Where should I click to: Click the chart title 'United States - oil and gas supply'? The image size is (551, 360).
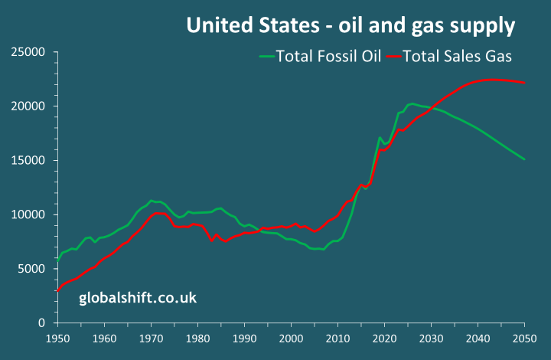pos(350,26)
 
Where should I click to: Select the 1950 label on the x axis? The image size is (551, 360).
pos(57,338)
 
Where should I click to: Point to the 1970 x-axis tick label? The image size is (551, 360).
pos(151,338)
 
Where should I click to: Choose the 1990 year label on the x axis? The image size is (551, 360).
pos(244,338)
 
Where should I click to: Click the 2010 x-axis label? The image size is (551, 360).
pos(337,338)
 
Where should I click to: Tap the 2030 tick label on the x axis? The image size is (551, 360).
pos(431,338)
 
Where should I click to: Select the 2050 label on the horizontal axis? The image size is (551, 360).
pos(524,338)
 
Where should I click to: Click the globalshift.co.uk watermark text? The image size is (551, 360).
pos(138,297)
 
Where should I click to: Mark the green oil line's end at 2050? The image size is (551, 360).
pos(524,159)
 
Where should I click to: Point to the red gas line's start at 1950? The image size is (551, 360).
pos(57,291)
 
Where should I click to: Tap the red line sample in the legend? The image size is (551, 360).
pos(393,55)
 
